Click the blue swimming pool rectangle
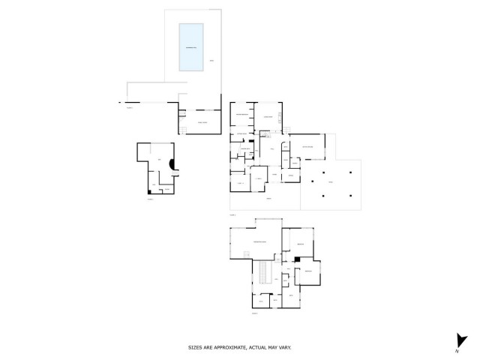(x=191, y=48)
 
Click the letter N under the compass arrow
(x=456, y=351)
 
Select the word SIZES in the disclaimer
(x=195, y=347)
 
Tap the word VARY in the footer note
(x=286, y=347)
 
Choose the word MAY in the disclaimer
(x=274, y=347)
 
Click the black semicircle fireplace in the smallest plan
(x=172, y=165)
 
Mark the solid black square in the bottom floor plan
(x=298, y=259)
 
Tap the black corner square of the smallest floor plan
(x=149, y=192)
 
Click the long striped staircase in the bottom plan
(x=264, y=274)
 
